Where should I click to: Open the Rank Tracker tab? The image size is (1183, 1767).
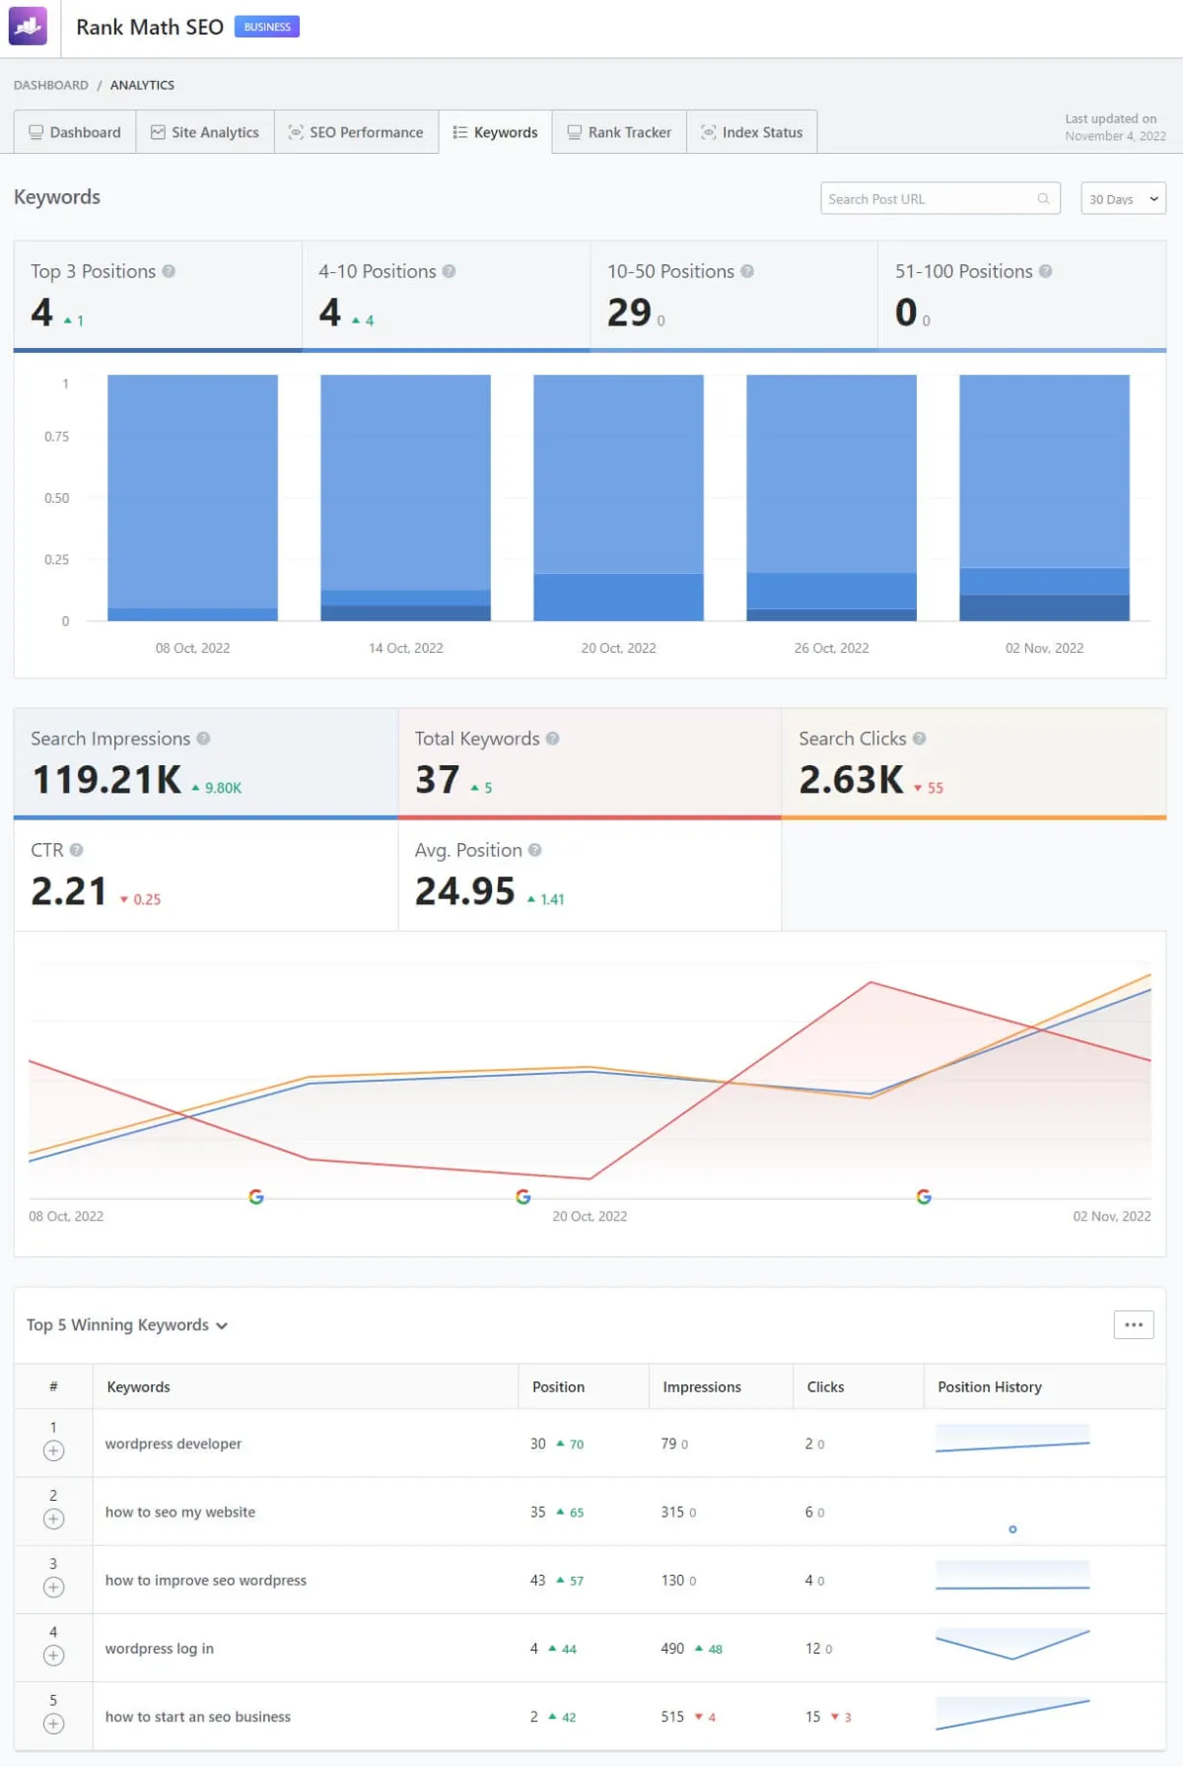[x=619, y=132]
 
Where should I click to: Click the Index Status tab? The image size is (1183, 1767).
[x=752, y=132]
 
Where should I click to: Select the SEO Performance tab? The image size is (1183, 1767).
[x=356, y=132]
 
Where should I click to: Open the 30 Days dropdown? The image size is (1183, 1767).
[x=1123, y=198]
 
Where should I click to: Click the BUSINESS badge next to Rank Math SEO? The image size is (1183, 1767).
[x=267, y=27]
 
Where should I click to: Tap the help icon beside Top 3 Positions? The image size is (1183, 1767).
[x=169, y=271]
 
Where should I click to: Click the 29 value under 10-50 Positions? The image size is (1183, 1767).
[x=629, y=313]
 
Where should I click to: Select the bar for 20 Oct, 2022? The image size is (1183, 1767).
[x=618, y=497]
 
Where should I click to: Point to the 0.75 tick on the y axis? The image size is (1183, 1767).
[x=56, y=436]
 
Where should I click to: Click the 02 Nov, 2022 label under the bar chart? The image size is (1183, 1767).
[x=1044, y=648]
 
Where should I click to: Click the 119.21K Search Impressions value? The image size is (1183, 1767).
[x=106, y=780]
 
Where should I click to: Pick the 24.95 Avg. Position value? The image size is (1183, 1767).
[x=464, y=891]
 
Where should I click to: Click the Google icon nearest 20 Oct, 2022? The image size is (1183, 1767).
[x=523, y=1196]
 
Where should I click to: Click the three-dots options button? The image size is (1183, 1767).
[x=1134, y=1324]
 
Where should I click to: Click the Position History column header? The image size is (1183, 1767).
[x=989, y=1386]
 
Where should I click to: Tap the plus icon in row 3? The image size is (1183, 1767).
[x=54, y=1588]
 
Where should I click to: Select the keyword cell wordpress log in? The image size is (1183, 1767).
[x=160, y=1649]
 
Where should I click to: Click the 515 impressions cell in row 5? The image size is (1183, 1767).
[x=672, y=1717]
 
